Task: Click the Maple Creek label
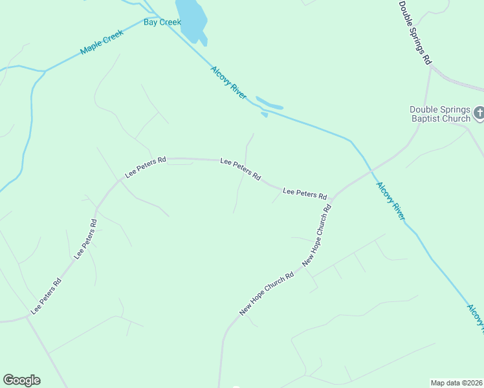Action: (102, 41)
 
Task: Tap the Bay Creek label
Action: (162, 22)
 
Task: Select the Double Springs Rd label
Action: (415, 32)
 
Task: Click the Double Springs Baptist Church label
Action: (440, 114)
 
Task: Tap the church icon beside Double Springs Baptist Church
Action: (479, 114)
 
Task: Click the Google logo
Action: (21, 380)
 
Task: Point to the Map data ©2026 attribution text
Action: (457, 383)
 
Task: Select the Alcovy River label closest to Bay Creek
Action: (228, 82)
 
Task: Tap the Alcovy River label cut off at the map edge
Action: (476, 316)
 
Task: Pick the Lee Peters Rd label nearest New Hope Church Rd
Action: (305, 193)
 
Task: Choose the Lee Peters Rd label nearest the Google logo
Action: (46, 296)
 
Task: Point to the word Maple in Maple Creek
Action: (92, 47)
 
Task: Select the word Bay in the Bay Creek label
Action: (151, 22)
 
